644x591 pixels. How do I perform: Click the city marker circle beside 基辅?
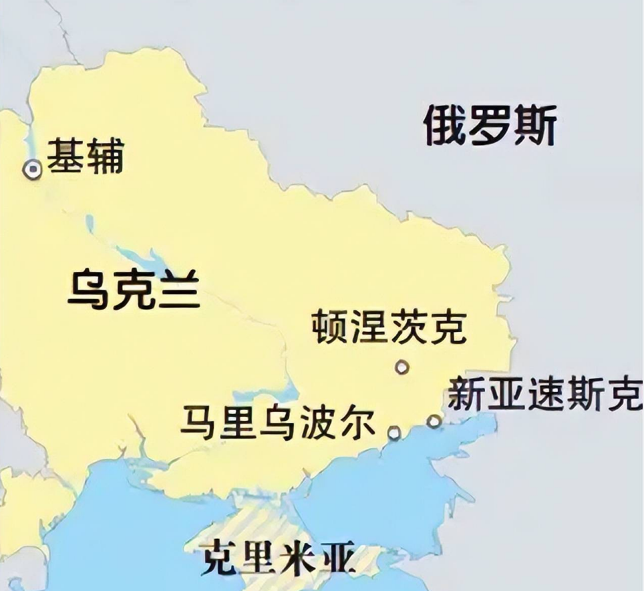pyautogui.click(x=32, y=170)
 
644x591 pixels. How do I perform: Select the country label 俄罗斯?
pyautogui.click(x=490, y=126)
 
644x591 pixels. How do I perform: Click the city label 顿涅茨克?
pyautogui.click(x=389, y=327)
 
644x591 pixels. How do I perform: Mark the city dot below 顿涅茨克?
pyautogui.click(x=401, y=367)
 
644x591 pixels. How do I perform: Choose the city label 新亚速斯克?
pyautogui.click(x=544, y=394)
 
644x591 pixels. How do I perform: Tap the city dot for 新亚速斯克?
pyautogui.click(x=434, y=421)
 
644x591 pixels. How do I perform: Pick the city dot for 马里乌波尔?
pyautogui.click(x=394, y=433)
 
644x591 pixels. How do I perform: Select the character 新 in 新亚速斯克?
pyautogui.click(x=466, y=394)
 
